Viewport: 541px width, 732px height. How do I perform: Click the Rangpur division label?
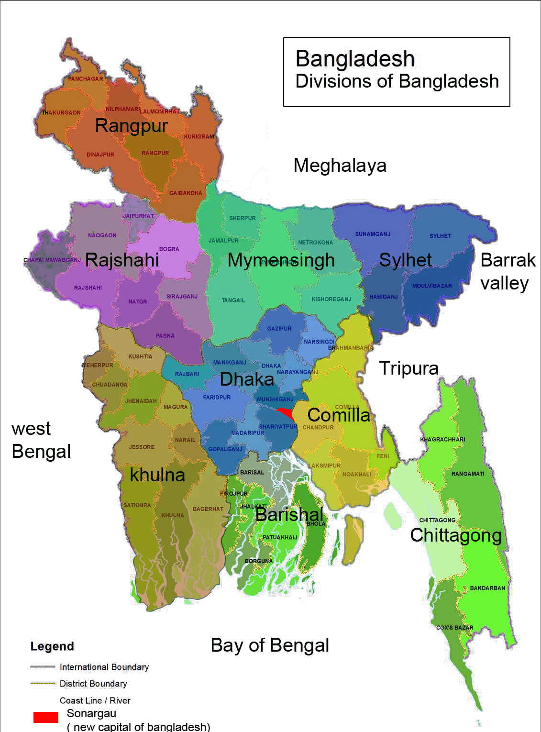[131, 126]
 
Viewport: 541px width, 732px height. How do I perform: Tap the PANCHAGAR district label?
[85, 79]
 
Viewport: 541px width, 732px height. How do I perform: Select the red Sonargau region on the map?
[287, 413]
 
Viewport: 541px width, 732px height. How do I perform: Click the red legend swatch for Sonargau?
[46, 717]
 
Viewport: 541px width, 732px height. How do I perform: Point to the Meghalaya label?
[340, 166]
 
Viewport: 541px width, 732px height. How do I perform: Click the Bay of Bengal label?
[270, 645]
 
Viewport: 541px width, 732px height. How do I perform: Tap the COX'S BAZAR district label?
[454, 628]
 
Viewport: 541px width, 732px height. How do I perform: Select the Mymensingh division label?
[281, 260]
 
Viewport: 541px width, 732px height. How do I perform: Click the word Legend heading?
[52, 646]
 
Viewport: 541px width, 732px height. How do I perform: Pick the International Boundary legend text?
[104, 667]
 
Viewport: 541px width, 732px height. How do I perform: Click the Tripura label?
[409, 368]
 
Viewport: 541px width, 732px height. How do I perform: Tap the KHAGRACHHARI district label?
[442, 439]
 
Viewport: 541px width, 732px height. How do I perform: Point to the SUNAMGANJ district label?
[373, 234]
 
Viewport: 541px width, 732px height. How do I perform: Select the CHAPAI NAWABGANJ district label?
[52, 260]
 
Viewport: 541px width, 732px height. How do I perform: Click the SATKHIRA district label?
[137, 505]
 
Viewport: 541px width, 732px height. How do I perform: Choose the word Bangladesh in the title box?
[354, 59]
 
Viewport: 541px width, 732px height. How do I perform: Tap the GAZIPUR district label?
[279, 329]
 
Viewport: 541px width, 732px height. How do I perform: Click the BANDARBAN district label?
[487, 588]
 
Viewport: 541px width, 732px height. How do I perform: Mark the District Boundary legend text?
[93, 684]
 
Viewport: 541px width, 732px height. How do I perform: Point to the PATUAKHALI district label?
[280, 537]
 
